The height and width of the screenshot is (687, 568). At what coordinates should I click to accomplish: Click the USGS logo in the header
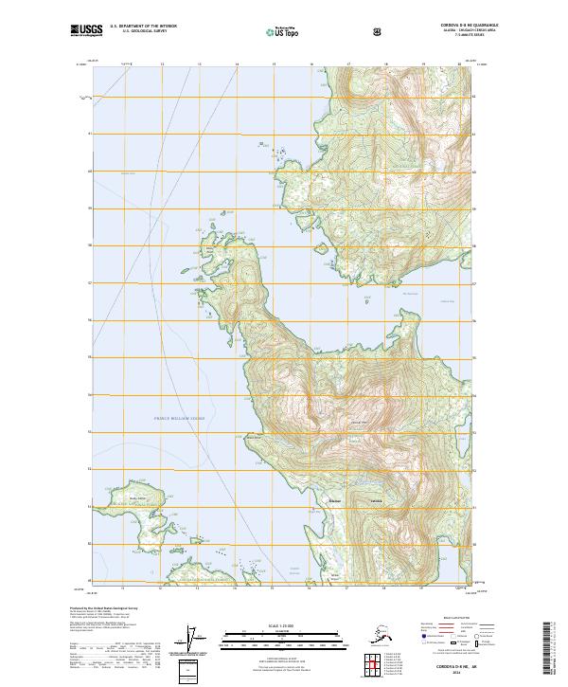[85, 31]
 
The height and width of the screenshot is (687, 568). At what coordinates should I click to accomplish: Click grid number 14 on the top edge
[237, 63]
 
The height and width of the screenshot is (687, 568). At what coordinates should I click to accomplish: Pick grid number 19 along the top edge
[422, 63]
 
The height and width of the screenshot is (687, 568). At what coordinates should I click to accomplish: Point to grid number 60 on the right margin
[475, 171]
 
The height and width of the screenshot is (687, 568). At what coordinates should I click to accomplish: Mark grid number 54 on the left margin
[90, 393]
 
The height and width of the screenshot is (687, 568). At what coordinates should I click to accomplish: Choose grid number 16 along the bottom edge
[311, 588]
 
